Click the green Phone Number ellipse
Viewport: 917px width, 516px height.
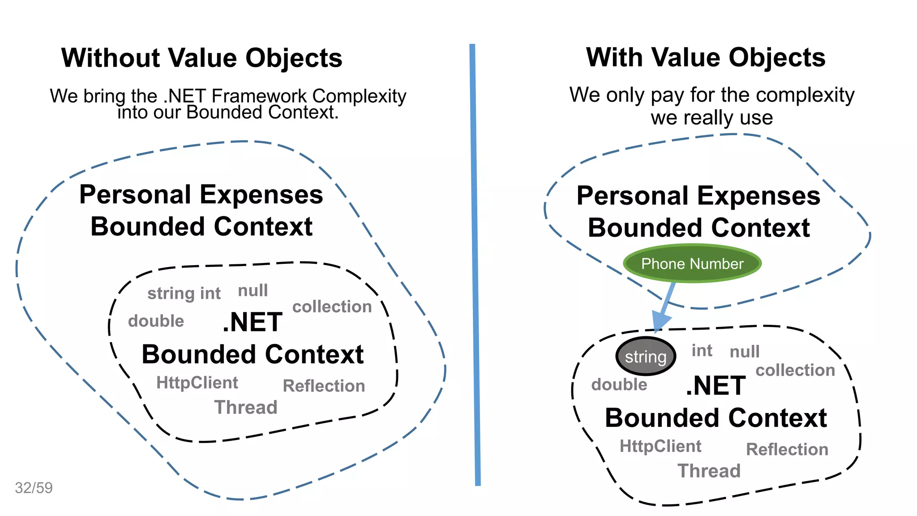692,263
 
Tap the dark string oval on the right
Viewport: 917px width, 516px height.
646,357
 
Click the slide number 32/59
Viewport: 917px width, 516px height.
34,488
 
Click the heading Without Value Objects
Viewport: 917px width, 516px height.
201,58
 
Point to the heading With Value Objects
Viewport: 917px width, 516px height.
706,58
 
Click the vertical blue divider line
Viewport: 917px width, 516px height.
475,264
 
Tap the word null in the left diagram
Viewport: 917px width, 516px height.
253,291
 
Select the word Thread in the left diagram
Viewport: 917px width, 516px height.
246,407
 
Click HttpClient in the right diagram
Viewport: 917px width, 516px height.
660,446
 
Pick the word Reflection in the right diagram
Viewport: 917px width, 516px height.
787,449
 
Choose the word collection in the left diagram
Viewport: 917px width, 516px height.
332,307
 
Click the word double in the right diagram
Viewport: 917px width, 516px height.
619,385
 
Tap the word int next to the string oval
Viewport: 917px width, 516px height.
702,351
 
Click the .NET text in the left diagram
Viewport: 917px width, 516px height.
253,322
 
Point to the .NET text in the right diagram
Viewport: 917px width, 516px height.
716,386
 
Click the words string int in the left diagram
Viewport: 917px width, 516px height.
184,293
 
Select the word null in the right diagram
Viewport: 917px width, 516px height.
745,352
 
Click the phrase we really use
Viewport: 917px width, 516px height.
711,118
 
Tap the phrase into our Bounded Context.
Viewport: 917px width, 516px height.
228,112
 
